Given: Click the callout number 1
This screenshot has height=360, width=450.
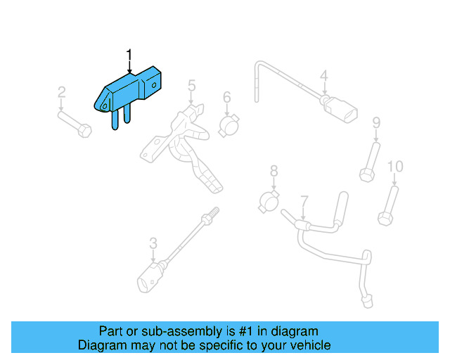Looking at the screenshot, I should (x=129, y=54).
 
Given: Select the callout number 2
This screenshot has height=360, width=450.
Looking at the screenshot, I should (x=61, y=91).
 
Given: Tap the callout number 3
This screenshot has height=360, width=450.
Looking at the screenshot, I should (x=153, y=244).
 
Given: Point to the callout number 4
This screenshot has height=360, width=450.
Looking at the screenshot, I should (x=324, y=76).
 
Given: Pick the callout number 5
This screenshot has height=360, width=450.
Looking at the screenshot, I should (x=191, y=86).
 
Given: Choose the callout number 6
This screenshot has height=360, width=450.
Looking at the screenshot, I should (x=227, y=97).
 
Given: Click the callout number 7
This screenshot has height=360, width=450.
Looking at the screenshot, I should (x=304, y=201).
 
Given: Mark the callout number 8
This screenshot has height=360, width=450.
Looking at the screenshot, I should (x=274, y=171).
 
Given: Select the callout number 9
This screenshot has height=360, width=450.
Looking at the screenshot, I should (x=376, y=123).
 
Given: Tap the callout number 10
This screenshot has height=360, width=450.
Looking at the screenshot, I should (x=396, y=167).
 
